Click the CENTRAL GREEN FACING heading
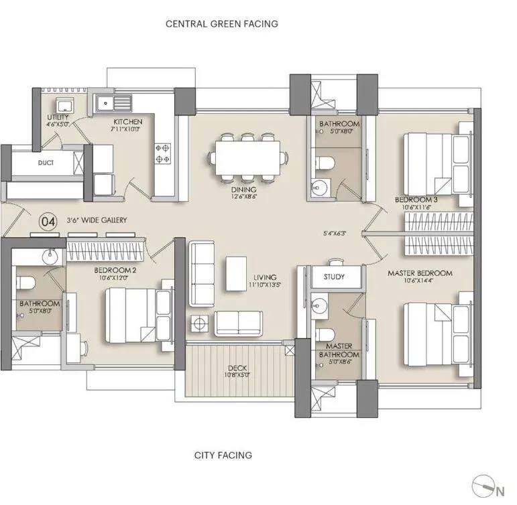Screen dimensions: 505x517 click(222, 23)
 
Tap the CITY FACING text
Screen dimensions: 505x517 click(223, 455)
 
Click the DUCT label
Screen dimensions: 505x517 click(46, 163)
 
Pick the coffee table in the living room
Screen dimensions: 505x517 click(235, 273)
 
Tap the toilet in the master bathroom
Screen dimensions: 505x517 click(325, 335)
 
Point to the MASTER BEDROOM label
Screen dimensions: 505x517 click(420, 273)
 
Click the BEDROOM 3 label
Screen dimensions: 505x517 click(415, 200)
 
